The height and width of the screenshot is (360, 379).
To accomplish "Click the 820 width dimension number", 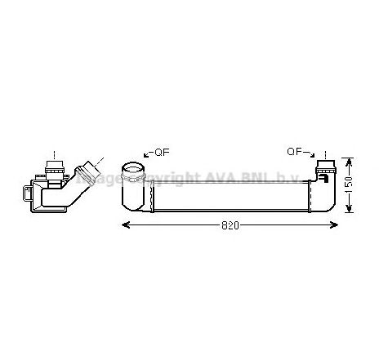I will [x=230, y=225].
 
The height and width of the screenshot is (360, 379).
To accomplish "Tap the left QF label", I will [x=159, y=151].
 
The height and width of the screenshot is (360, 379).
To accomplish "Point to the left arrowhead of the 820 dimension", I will [x=125, y=224].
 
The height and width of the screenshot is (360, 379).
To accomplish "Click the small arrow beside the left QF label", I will [x=146, y=153].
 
